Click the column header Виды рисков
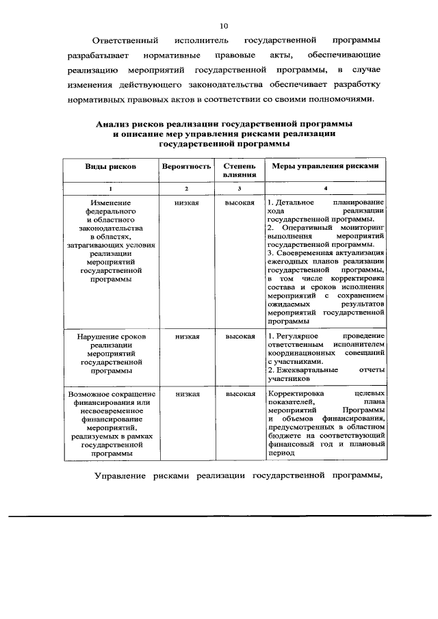coord(110,166)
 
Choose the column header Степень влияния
coord(240,170)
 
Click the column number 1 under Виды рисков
coord(110,188)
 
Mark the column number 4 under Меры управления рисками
coord(325,188)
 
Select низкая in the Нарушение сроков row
coord(187,337)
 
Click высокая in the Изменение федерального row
coord(240,203)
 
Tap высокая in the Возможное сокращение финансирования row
coord(240,394)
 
